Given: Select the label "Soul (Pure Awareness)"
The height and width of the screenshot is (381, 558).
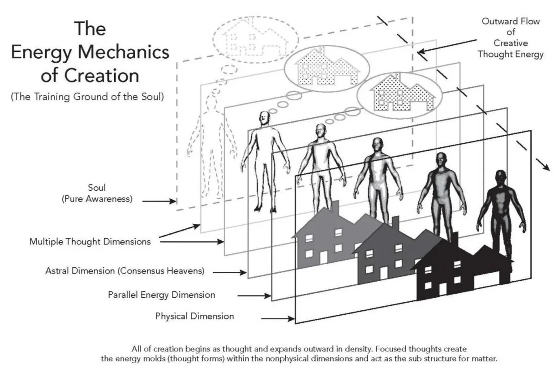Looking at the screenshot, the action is point(97,193).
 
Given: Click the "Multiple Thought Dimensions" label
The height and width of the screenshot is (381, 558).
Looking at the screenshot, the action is point(90,241).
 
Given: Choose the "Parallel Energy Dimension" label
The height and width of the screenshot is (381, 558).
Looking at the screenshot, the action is point(161,295).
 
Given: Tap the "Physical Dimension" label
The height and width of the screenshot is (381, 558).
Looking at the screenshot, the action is point(194,316).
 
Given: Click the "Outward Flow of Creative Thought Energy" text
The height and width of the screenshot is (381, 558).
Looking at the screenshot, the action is point(511,38).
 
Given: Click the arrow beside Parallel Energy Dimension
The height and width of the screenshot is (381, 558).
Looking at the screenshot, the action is point(254,296).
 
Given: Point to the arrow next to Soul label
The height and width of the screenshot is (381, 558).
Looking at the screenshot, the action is point(161,201).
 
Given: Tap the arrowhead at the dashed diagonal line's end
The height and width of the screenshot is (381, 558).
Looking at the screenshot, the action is point(546,167).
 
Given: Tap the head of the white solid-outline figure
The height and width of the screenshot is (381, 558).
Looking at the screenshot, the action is point(265,118).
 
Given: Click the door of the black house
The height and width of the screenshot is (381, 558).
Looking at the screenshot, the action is point(443,289).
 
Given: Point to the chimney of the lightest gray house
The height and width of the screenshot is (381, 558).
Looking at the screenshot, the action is point(335,207).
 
